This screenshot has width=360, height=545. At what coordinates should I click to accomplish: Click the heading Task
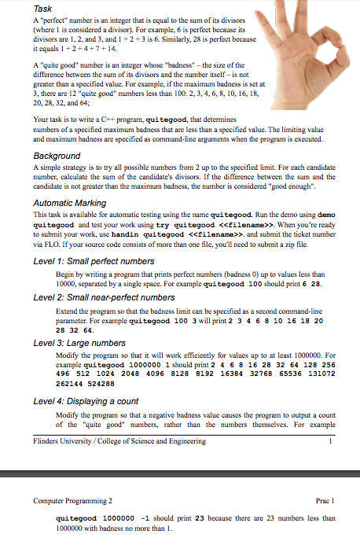click(42, 7)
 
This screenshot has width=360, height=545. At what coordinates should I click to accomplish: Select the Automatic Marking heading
click(71, 204)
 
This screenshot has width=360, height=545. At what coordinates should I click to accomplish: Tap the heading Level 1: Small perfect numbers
click(89, 260)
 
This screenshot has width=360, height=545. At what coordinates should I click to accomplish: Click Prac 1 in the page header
click(325, 499)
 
